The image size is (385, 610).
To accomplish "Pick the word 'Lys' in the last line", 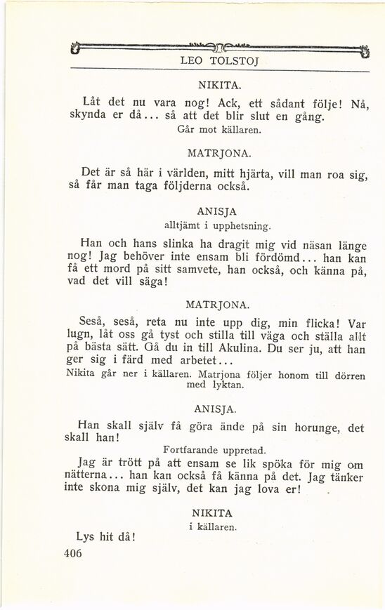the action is tap(84, 537).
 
